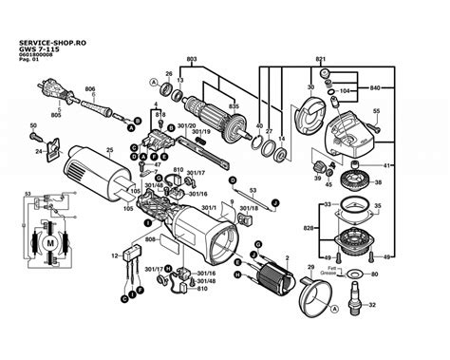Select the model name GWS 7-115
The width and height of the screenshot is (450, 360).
[37, 49]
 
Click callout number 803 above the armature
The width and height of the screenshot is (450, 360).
[192, 60]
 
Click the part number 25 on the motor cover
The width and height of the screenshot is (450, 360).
[108, 150]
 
